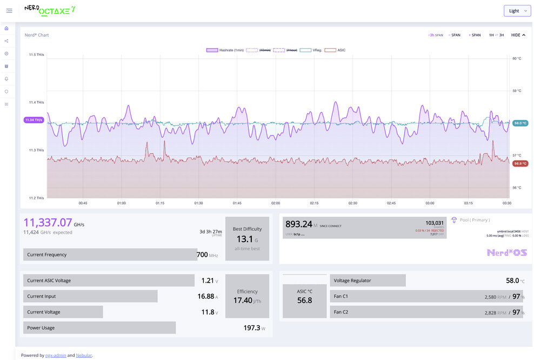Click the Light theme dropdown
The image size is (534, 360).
(517, 11)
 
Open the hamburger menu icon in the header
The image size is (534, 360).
(9, 11)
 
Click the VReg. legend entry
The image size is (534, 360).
(311, 50)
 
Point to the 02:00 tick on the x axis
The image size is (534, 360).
(276, 203)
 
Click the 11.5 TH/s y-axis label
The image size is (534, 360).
(37, 55)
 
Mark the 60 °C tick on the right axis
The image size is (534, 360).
(517, 58)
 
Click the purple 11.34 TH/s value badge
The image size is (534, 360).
(34, 120)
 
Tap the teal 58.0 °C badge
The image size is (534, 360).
(520, 123)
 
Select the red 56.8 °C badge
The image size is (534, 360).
(520, 163)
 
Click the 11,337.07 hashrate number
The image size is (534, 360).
(48, 222)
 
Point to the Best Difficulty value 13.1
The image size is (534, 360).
(244, 239)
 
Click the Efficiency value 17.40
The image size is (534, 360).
(243, 300)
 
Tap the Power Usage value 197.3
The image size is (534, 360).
(252, 328)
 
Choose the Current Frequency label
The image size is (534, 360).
(46, 255)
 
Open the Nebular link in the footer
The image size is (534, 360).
(84, 355)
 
